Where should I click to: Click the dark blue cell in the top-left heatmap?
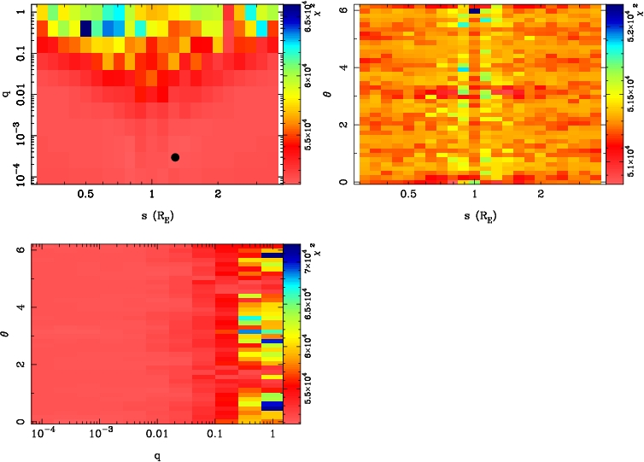85,27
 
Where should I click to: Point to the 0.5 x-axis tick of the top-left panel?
85,196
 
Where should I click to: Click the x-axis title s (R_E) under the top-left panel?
152,215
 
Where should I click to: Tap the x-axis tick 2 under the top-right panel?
541,196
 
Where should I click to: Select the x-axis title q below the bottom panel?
153,454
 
